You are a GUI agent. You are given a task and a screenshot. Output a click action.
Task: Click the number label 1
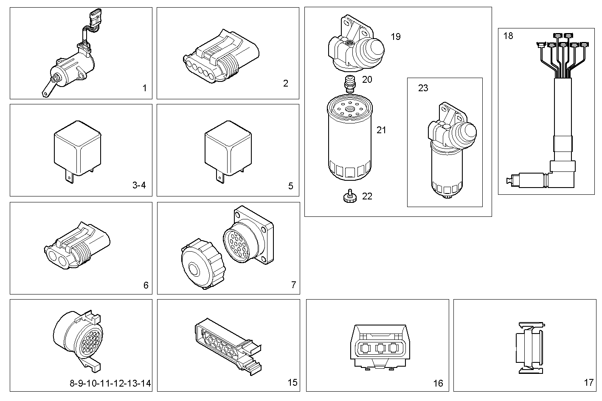(144, 88)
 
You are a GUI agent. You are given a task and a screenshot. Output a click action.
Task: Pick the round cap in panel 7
(201, 266)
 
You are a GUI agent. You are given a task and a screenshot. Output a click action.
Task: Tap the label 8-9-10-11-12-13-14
(110, 384)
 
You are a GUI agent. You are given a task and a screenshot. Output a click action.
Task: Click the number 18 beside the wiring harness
(508, 36)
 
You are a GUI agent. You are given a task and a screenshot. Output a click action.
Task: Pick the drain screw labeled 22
(349, 196)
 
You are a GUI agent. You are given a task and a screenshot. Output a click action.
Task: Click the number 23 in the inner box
(423, 88)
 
